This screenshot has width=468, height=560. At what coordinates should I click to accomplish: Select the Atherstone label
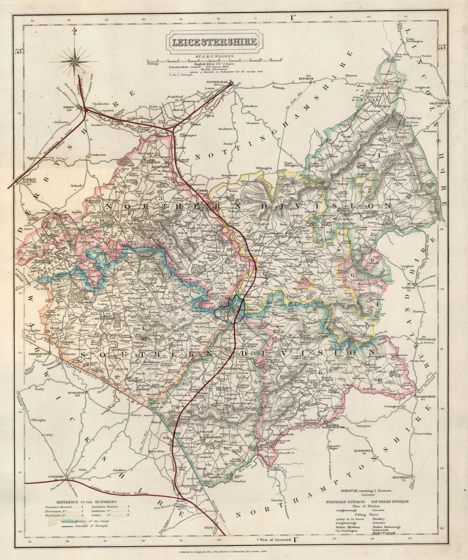pos(36,354)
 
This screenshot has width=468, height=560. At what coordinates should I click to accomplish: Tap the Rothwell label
pos(360,450)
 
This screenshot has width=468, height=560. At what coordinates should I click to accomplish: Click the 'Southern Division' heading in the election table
pos(388,502)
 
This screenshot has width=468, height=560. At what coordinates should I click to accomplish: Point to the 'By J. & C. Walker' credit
pos(213,56)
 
